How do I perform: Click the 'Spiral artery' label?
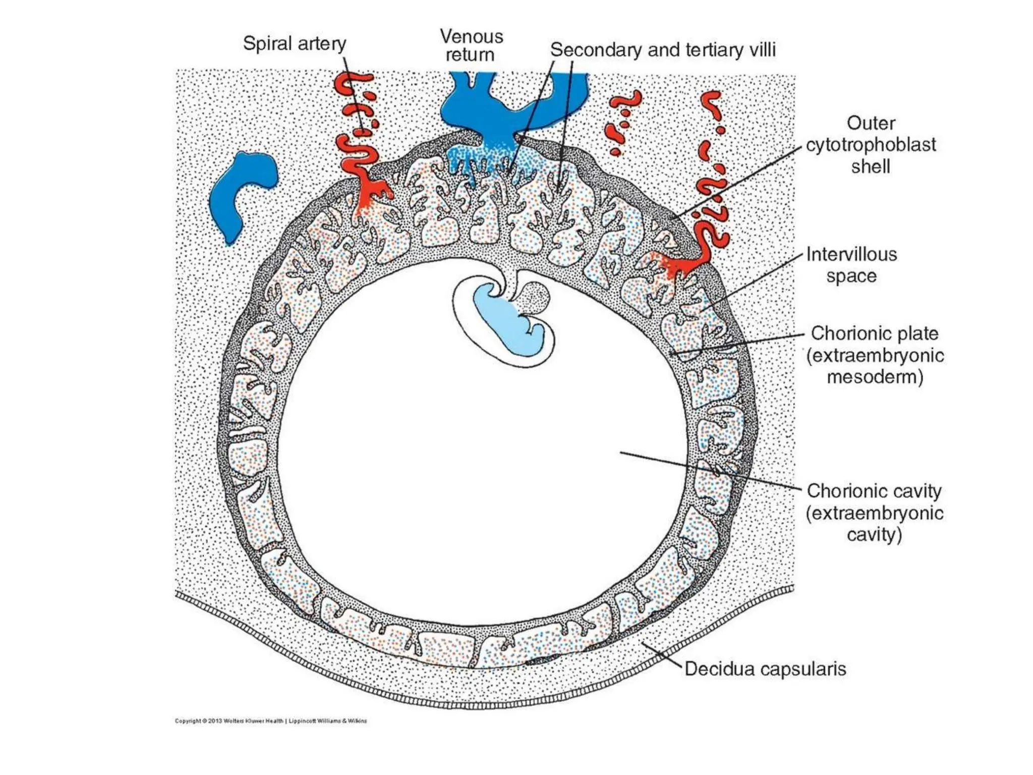[x=294, y=44]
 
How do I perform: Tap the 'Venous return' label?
[x=471, y=45]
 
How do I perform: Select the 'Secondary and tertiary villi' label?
[x=662, y=50]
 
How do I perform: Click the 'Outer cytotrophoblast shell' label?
[x=870, y=145]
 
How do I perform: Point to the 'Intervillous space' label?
[x=851, y=265]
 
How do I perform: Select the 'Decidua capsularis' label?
[x=765, y=669]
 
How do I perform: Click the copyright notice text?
[x=271, y=721]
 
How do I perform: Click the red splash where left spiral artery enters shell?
[x=371, y=194]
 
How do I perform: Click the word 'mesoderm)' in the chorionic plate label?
[x=874, y=377]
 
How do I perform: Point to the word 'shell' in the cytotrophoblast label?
[x=870, y=167]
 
